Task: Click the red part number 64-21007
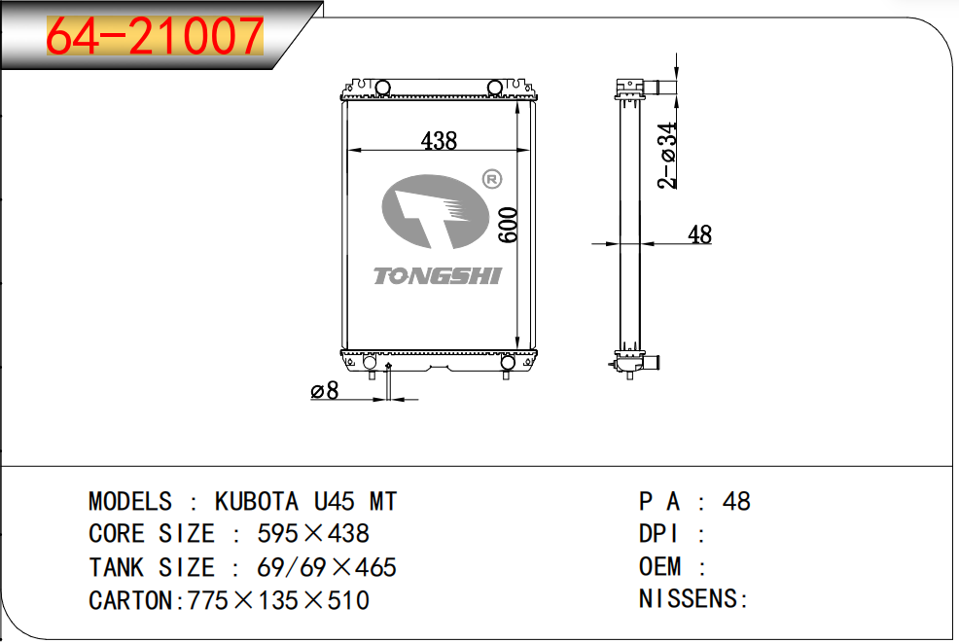[155, 36]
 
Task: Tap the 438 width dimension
[439, 141]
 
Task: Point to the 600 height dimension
[509, 225]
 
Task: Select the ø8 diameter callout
[324, 390]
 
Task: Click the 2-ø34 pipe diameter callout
[668, 156]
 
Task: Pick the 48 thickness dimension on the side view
[699, 234]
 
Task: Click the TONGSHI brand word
[438, 276]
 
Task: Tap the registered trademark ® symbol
[492, 179]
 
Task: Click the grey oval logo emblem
[436, 212]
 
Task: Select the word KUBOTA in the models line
[256, 502]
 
